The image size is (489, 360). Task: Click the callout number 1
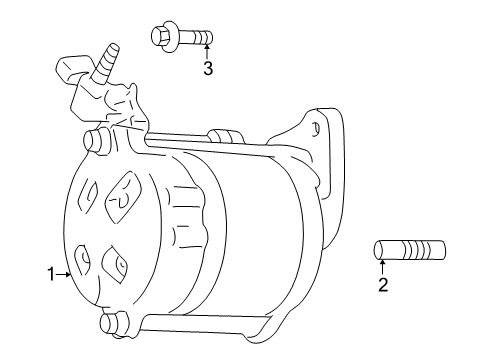point(48,273)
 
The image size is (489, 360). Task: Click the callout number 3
point(208,68)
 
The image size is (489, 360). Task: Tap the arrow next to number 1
point(63,273)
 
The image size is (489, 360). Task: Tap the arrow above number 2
point(381,267)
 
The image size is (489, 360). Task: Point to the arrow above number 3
point(208,51)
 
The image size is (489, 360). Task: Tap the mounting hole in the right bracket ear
point(315,129)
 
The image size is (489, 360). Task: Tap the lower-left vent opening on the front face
point(83,257)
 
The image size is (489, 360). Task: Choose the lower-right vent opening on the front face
point(119,266)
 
